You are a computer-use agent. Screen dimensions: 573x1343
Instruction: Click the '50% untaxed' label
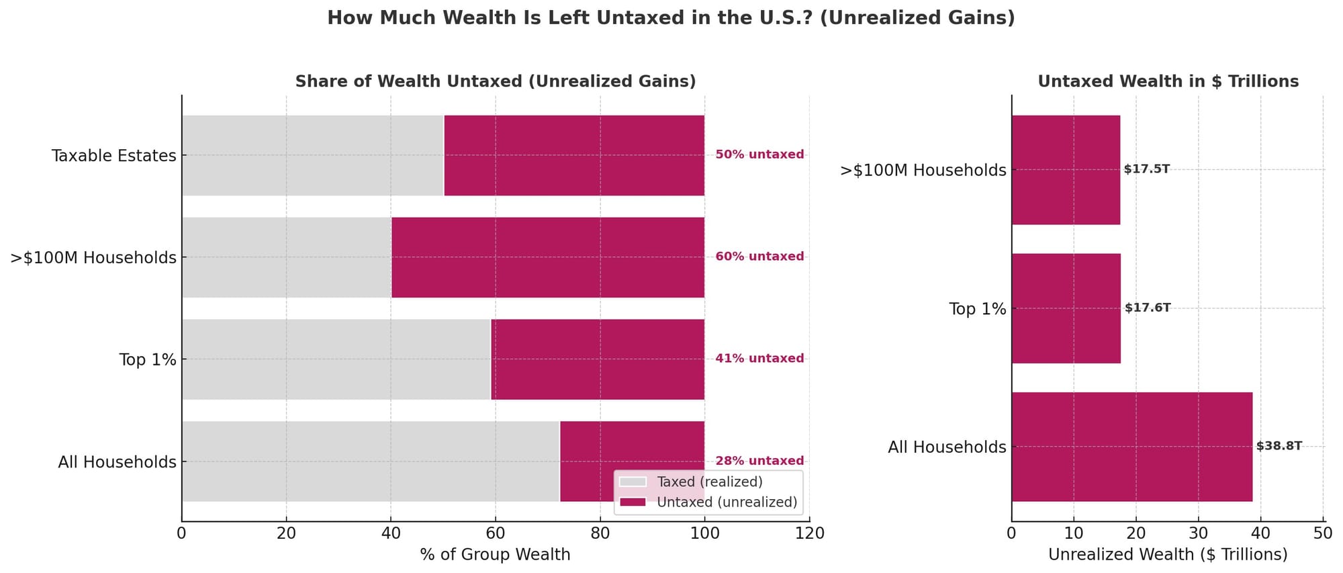pyautogui.click(x=759, y=155)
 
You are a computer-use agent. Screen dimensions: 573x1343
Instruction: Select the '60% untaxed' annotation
pyautogui.click(x=759, y=257)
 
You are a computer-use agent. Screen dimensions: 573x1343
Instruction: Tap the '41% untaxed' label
pyautogui.click(x=759, y=359)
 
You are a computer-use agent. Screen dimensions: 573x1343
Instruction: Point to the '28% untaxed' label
pyautogui.click(x=759, y=461)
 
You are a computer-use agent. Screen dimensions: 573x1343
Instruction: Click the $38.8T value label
pyautogui.click(x=1279, y=446)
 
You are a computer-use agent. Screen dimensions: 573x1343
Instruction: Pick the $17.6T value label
pyautogui.click(x=1148, y=308)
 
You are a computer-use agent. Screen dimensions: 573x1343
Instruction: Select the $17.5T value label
pyautogui.click(x=1147, y=169)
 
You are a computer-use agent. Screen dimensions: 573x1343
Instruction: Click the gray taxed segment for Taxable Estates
pyautogui.click(x=312, y=155)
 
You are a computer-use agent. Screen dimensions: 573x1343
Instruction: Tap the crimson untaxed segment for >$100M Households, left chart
pyautogui.click(x=547, y=257)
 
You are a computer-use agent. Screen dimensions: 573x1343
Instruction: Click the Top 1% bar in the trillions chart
pyautogui.click(x=1066, y=308)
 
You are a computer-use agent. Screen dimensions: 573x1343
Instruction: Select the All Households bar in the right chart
pyautogui.click(x=1131, y=447)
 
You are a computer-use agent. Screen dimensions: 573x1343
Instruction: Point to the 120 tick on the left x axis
pyautogui.click(x=809, y=533)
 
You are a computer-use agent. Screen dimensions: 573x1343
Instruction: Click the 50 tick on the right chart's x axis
pyautogui.click(x=1323, y=533)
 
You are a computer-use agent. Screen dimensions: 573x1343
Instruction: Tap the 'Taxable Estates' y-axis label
pyautogui.click(x=113, y=156)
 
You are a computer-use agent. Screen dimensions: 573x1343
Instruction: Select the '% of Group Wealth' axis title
pyautogui.click(x=495, y=555)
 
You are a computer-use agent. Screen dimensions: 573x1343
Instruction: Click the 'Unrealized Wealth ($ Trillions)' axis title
pyautogui.click(x=1168, y=555)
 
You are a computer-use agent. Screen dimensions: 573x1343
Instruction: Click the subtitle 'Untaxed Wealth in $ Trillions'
pyautogui.click(x=1168, y=81)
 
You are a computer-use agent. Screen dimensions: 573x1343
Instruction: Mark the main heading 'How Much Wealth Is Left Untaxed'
pyautogui.click(x=671, y=18)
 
